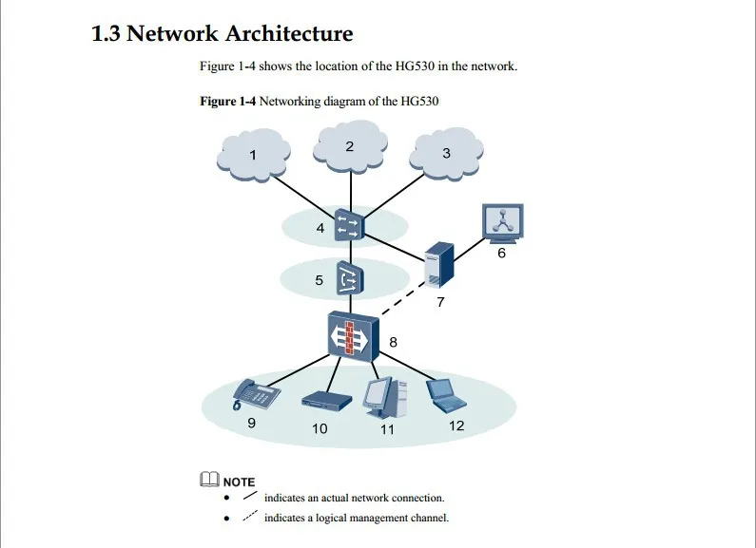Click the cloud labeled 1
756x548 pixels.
click(253, 155)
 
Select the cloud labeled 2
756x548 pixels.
click(350, 146)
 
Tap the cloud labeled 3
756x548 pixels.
click(446, 154)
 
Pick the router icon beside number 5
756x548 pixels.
click(349, 278)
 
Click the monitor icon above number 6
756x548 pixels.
click(503, 222)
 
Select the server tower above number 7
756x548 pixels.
click(438, 266)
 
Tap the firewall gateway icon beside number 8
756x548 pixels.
click(353, 336)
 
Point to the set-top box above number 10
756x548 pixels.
click(326, 401)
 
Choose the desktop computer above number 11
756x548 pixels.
click(385, 398)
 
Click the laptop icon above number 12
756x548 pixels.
click(446, 395)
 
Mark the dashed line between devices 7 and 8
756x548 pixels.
click(403, 299)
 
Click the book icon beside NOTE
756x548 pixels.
click(209, 479)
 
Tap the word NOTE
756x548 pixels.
click(239, 482)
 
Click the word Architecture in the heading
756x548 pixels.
click(289, 33)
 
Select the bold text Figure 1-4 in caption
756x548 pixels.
click(228, 101)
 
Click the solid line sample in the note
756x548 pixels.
click(250, 495)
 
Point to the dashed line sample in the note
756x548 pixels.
click(250, 516)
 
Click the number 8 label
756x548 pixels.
click(394, 342)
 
